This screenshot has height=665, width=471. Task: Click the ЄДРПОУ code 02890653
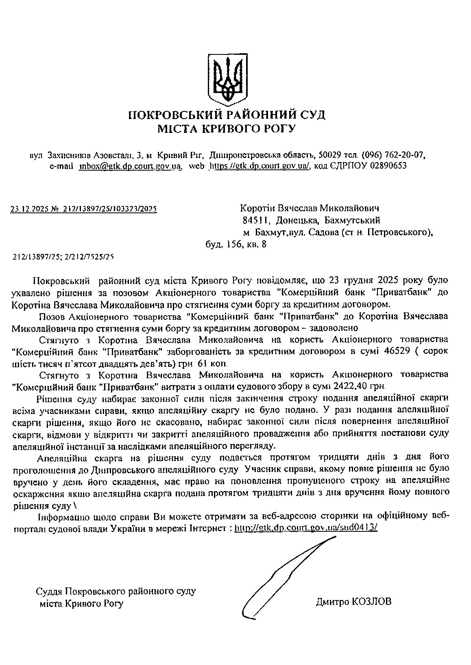tap(388, 166)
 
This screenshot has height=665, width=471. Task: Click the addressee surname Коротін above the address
tap(258, 209)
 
